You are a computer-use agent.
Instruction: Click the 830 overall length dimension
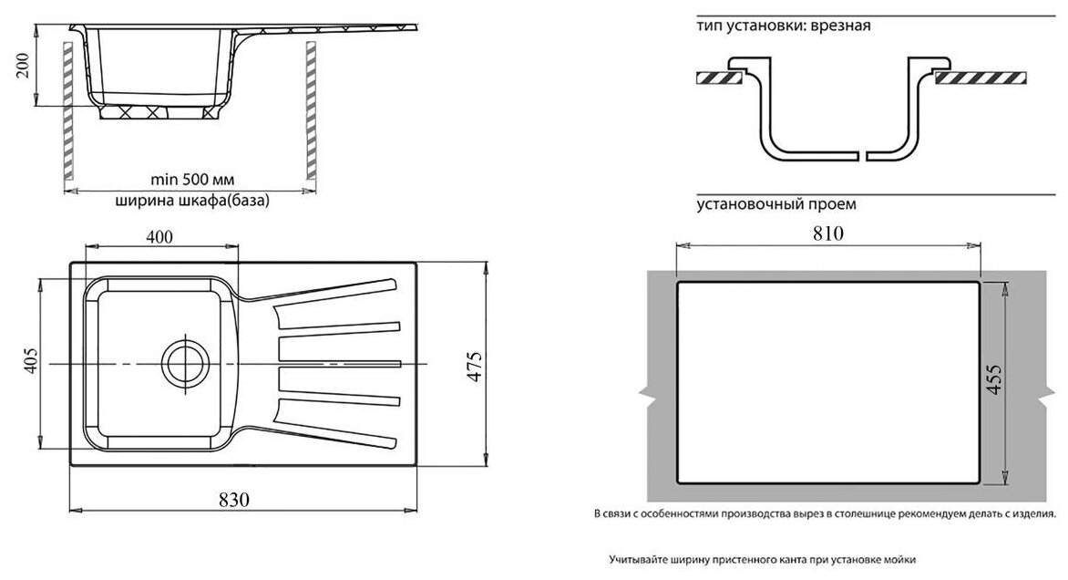click(x=236, y=499)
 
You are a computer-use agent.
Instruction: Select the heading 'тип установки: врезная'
click(x=784, y=26)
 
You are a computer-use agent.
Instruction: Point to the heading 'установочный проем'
click(x=776, y=204)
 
